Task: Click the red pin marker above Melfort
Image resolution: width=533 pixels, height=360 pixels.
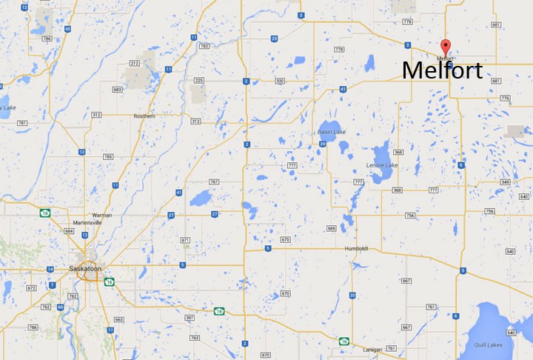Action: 445,45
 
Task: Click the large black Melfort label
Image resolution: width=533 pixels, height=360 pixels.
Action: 442,71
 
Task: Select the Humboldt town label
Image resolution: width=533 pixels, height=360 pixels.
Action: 355,249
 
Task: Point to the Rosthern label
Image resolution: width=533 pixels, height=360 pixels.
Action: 144,116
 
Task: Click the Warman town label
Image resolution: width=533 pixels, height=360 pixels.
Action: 102,215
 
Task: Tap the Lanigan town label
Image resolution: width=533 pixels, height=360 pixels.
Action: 372,349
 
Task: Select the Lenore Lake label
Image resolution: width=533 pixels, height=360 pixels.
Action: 382,164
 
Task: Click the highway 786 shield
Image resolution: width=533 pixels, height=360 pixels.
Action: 47,38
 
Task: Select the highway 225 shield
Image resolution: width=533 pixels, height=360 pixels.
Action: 198,80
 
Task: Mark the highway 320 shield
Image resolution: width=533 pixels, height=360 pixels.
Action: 279,80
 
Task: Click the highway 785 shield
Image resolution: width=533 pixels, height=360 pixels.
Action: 108,157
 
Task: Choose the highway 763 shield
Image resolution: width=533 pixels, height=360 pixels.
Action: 195,338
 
